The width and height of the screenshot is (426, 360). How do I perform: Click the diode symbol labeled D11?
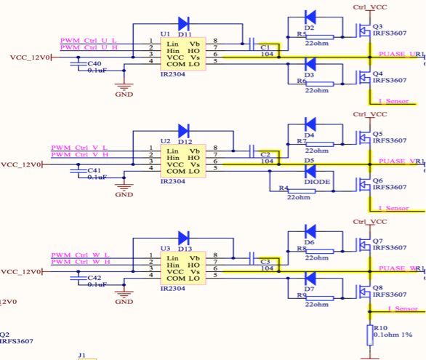coord(183,24)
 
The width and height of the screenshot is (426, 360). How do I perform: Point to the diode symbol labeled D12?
coord(183,130)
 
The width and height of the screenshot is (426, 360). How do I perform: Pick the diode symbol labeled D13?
coord(183,237)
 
